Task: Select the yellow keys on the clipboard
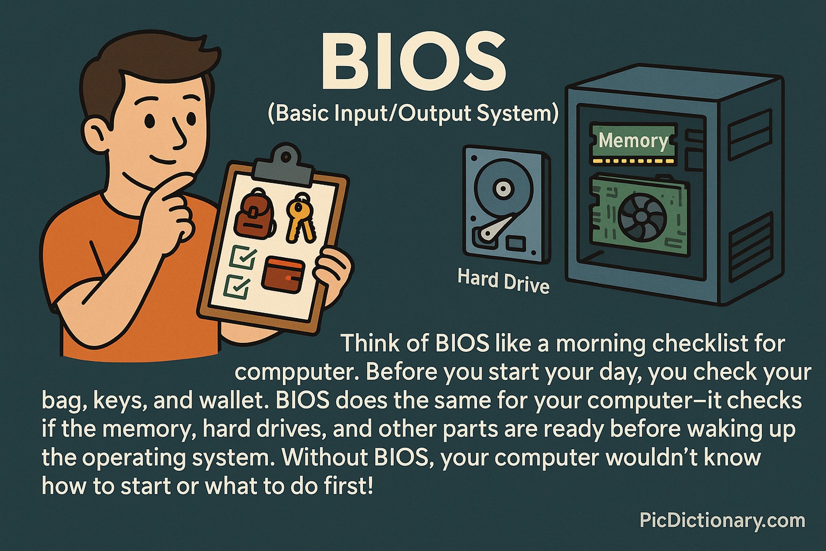click(299, 217)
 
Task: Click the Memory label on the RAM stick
click(633, 140)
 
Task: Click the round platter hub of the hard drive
click(501, 188)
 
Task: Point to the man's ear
click(97, 132)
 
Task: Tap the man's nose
click(179, 135)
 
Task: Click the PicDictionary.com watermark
click(722, 520)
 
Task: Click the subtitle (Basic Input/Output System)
click(413, 113)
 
